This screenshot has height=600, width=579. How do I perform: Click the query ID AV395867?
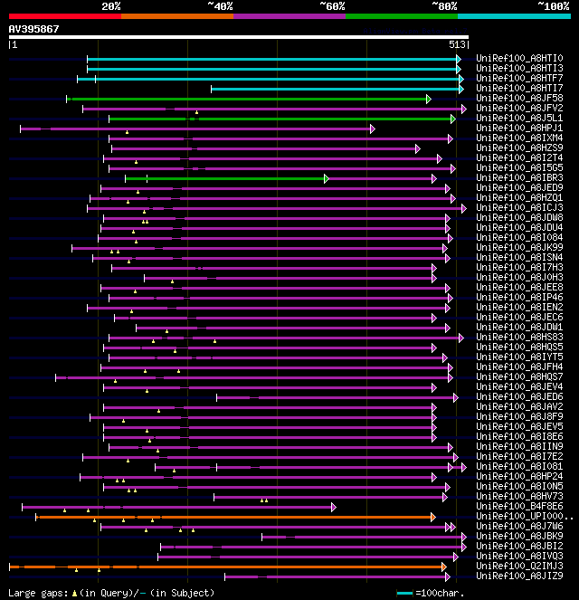point(34,29)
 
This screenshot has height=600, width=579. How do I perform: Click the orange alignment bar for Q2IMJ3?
point(226,567)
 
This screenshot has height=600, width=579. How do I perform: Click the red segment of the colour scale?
point(64,15)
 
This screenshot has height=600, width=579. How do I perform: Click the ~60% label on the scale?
point(332,5)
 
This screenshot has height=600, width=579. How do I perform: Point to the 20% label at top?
point(111,5)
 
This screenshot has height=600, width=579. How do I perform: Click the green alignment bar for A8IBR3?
point(226,178)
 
